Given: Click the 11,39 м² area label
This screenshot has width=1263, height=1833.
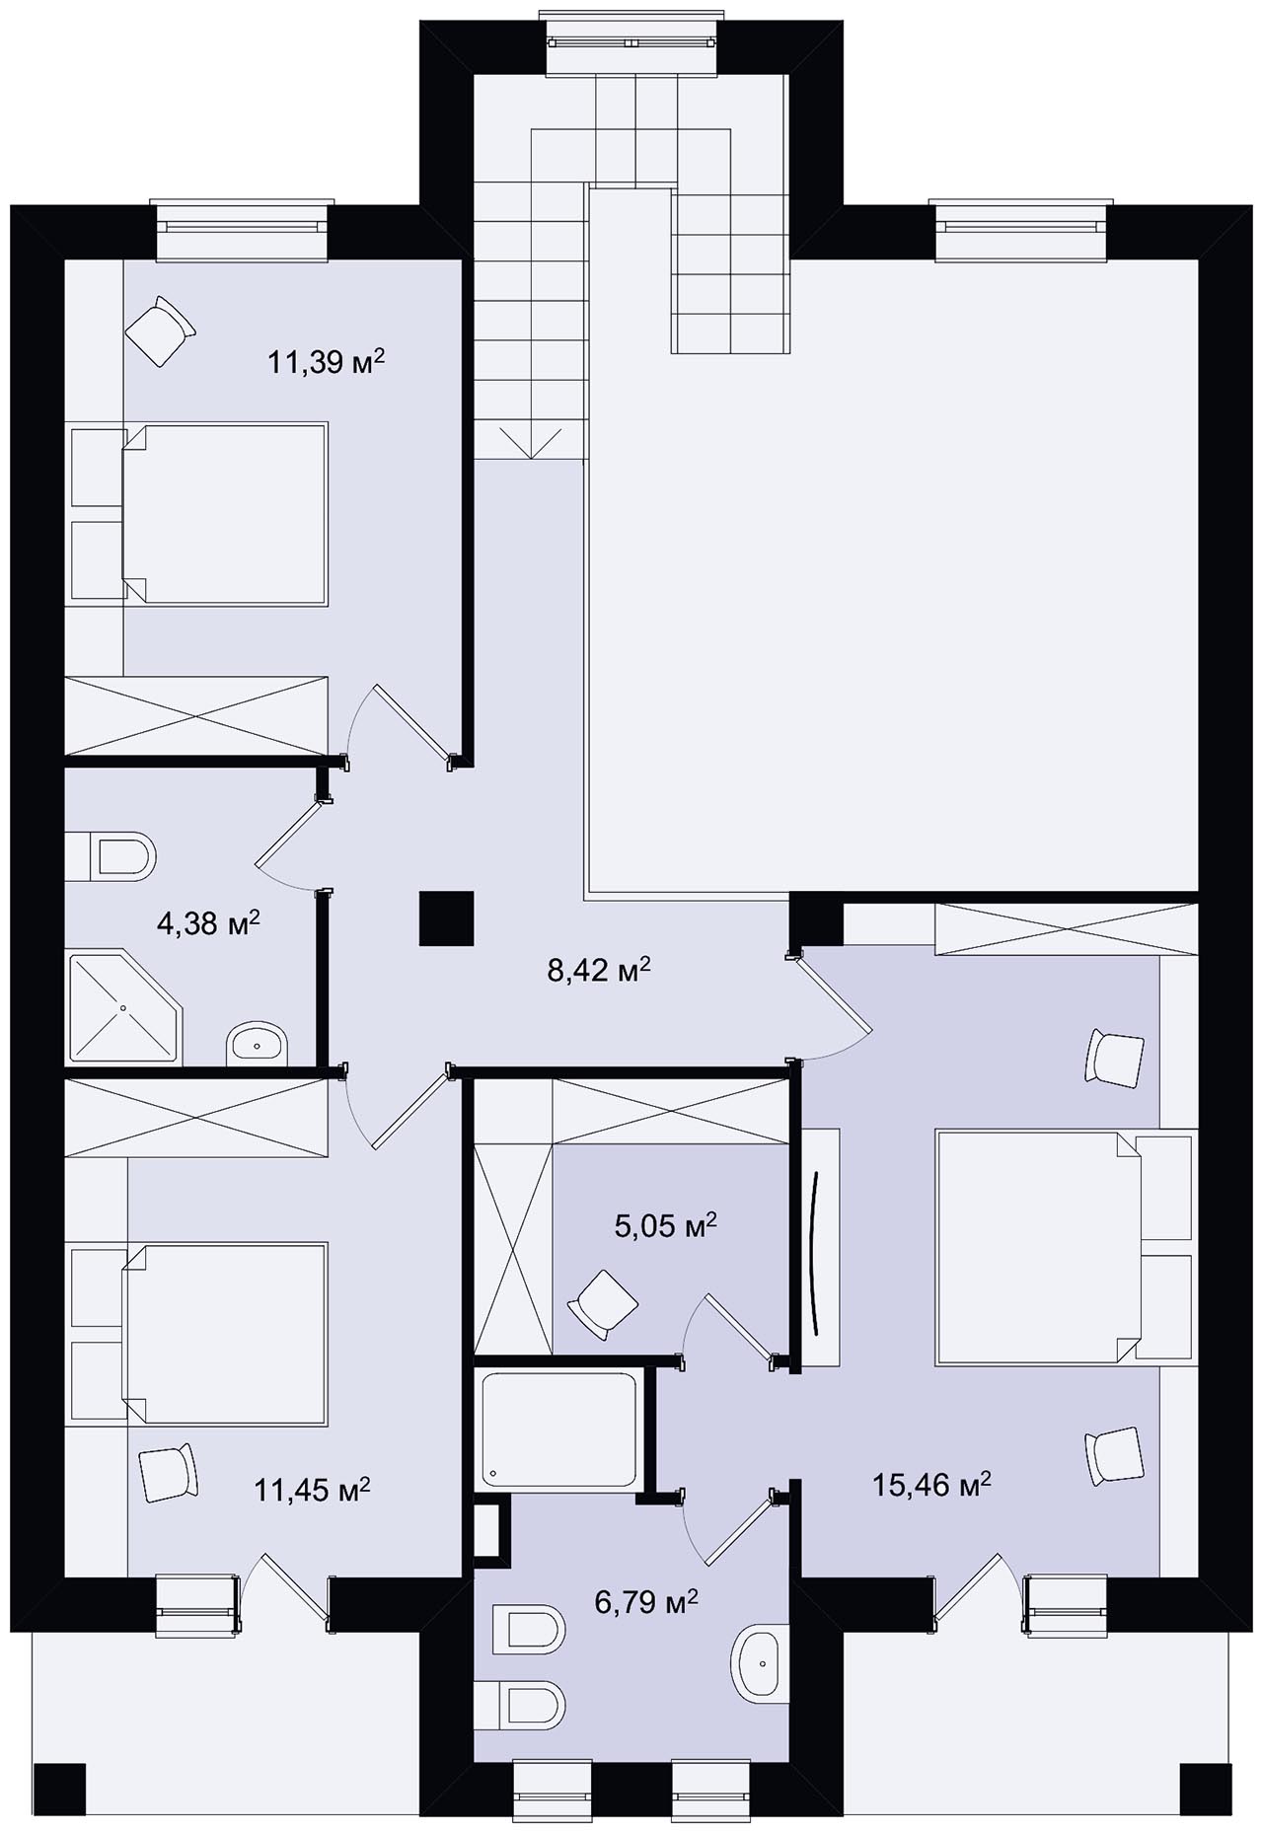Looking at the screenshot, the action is [326, 362].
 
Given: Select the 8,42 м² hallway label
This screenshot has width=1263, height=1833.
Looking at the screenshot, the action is [599, 971].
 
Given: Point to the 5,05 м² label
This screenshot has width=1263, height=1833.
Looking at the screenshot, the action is [664, 1226].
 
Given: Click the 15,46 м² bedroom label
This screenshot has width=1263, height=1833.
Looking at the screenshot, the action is [931, 1485].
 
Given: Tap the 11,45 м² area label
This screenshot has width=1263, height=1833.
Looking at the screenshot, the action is [313, 1489].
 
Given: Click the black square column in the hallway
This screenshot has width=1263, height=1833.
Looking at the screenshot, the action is [447, 918].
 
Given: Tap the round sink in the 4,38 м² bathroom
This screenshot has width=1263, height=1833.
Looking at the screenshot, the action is [257, 1044].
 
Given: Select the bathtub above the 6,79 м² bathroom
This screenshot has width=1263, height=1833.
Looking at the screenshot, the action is [559, 1430].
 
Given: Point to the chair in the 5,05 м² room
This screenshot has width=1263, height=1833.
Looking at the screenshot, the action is [601, 1303].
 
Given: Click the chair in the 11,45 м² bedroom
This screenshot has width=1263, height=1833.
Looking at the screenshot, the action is [169, 1472].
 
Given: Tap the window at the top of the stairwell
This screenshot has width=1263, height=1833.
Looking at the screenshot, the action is [632, 42].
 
